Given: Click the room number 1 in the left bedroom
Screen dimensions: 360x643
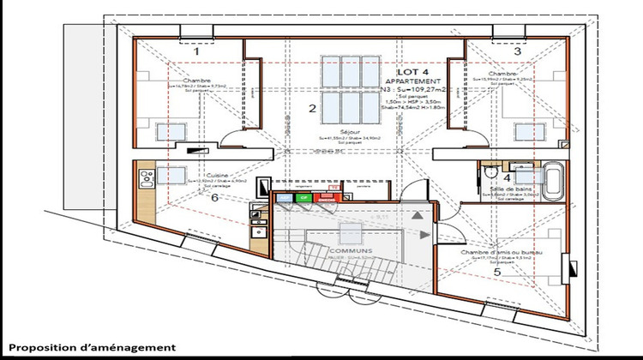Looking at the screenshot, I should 196,51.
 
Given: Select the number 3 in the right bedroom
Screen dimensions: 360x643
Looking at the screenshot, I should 517,51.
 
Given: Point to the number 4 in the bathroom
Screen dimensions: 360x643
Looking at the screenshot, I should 508,178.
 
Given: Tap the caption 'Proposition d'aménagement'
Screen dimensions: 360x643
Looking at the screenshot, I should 93,347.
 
